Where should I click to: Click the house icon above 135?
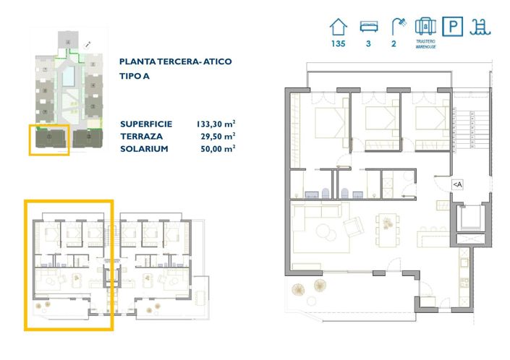pyautogui.click(x=337, y=27)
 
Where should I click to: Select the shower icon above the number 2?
pyautogui.click(x=396, y=27)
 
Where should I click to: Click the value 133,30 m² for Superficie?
pyautogui.click(x=216, y=123)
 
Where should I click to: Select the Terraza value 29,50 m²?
pyautogui.click(x=218, y=135)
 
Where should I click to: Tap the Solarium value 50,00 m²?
pyautogui.click(x=218, y=147)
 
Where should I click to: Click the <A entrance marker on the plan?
pyautogui.click(x=457, y=184)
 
